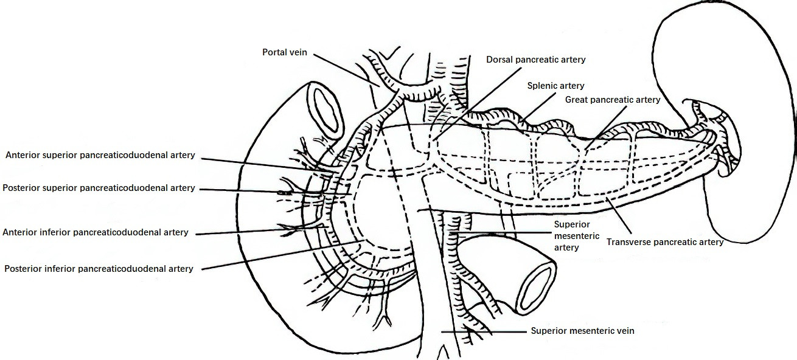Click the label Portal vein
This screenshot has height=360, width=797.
click(285, 52)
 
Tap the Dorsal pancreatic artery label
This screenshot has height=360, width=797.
click(536, 60)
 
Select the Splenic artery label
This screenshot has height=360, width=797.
click(555, 86)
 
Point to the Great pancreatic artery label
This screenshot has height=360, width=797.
click(613, 100)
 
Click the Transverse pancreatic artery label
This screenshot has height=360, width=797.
click(665, 242)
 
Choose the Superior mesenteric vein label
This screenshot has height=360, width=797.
click(582, 331)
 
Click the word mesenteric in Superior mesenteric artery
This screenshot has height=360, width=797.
click(577, 236)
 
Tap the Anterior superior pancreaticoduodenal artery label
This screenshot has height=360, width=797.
click(100, 155)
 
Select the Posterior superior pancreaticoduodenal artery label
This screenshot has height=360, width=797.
click(99, 188)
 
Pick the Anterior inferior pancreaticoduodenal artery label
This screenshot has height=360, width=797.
click(96, 232)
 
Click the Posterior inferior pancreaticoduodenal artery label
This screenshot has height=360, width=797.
click(99, 269)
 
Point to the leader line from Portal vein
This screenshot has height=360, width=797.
click(346, 71)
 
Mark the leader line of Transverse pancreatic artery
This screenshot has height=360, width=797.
click(619, 215)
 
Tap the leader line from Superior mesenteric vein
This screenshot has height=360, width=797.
click(484, 331)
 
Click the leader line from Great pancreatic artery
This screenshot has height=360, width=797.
click(605, 128)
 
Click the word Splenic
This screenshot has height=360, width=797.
click(541, 86)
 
